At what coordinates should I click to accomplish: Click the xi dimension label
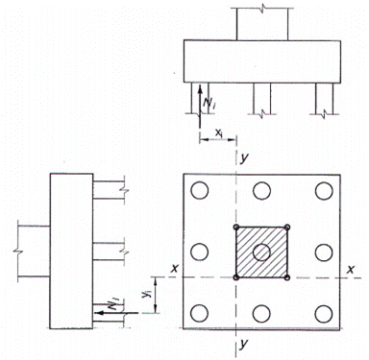point(219,132)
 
